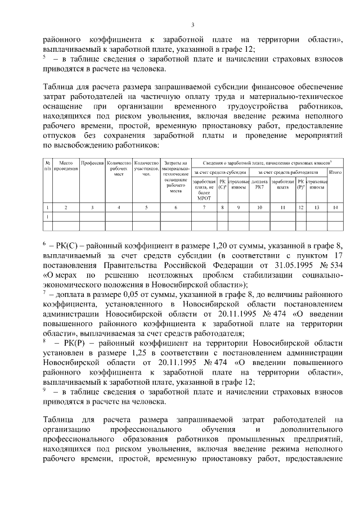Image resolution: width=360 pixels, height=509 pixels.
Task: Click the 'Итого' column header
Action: [x=335, y=172]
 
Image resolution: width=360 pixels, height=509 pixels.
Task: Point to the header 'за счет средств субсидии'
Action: [x=219, y=172]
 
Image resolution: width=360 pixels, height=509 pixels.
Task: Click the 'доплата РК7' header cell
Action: [x=259, y=184]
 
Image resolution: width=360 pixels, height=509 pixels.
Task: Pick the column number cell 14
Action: [x=335, y=208]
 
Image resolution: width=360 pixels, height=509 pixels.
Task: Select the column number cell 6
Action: [x=175, y=208]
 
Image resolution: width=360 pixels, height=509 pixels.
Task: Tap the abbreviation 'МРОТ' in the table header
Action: [x=204, y=198]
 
